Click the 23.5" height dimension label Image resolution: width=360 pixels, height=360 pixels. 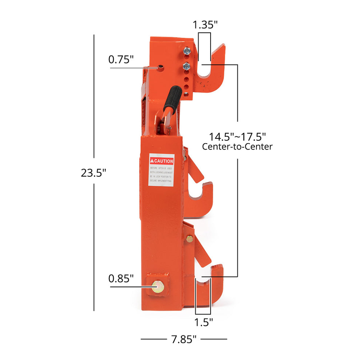93,173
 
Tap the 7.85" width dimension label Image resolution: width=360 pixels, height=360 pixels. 184,339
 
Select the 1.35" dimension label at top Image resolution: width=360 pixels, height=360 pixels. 205,25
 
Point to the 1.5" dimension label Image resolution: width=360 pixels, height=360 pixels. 203,322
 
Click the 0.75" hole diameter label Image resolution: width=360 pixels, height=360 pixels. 121,59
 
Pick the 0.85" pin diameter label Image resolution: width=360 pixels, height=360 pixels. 121,279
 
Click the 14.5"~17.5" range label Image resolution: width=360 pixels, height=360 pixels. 237,137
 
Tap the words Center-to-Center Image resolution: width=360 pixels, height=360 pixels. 237,147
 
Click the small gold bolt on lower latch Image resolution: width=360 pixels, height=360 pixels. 189,239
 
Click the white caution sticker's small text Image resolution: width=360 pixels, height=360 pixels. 161,175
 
